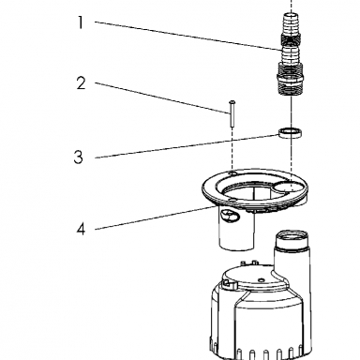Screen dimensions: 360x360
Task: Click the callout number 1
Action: pyautogui.click(x=81, y=22)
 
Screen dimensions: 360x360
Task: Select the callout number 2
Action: pyautogui.click(x=81, y=83)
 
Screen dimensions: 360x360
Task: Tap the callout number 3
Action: pyautogui.click(x=79, y=157)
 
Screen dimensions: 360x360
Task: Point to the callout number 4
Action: pyautogui.click(x=81, y=229)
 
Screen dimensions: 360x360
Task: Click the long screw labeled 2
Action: pyautogui.click(x=232, y=113)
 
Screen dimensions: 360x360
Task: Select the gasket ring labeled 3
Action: pyautogui.click(x=290, y=133)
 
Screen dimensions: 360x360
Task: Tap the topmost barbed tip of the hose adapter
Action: pyautogui.click(x=291, y=22)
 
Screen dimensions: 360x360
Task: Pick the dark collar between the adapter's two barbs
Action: pyautogui.click(x=291, y=40)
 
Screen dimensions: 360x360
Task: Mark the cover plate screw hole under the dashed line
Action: pyautogui.click(x=232, y=172)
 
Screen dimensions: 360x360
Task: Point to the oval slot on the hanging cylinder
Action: pyautogui.click(x=230, y=216)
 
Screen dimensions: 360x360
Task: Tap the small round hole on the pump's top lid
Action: pyautogui.click(x=261, y=278)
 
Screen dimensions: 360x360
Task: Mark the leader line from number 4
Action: pyautogui.click(x=156, y=217)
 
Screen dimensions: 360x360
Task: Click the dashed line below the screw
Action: pyautogui.click(x=232, y=149)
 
